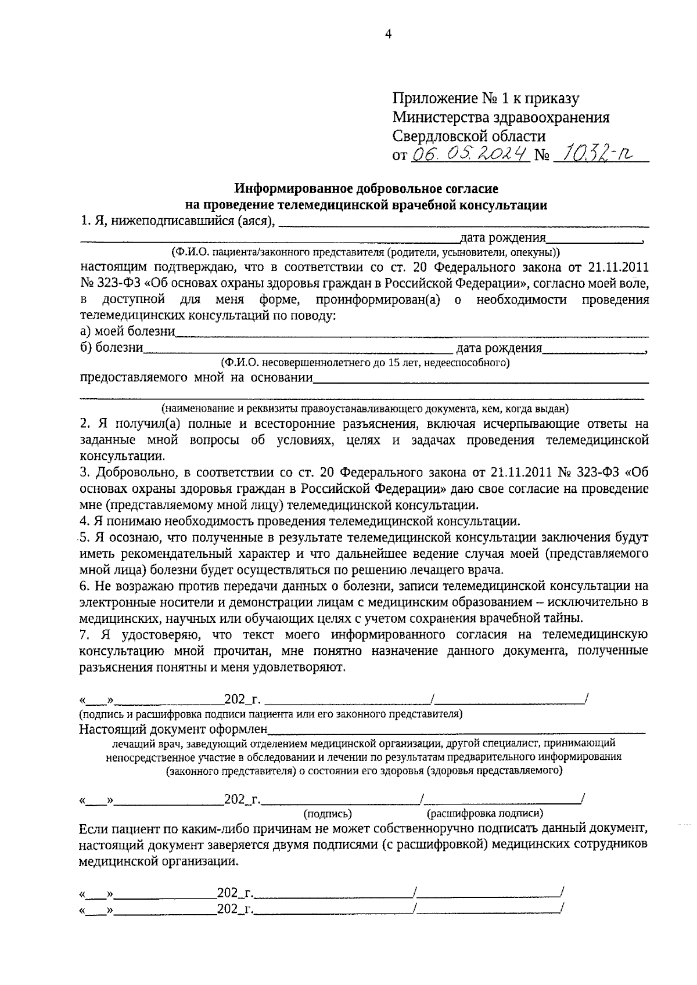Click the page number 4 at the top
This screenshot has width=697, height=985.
(389, 34)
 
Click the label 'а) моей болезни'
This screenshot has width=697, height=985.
(127, 332)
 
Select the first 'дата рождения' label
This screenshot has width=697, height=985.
(502, 238)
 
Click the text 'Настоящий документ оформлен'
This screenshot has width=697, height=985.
(173, 729)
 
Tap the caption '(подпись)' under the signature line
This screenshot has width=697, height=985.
(328, 814)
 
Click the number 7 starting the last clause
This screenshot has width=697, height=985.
(82, 635)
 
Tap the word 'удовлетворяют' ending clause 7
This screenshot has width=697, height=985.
(299, 668)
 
